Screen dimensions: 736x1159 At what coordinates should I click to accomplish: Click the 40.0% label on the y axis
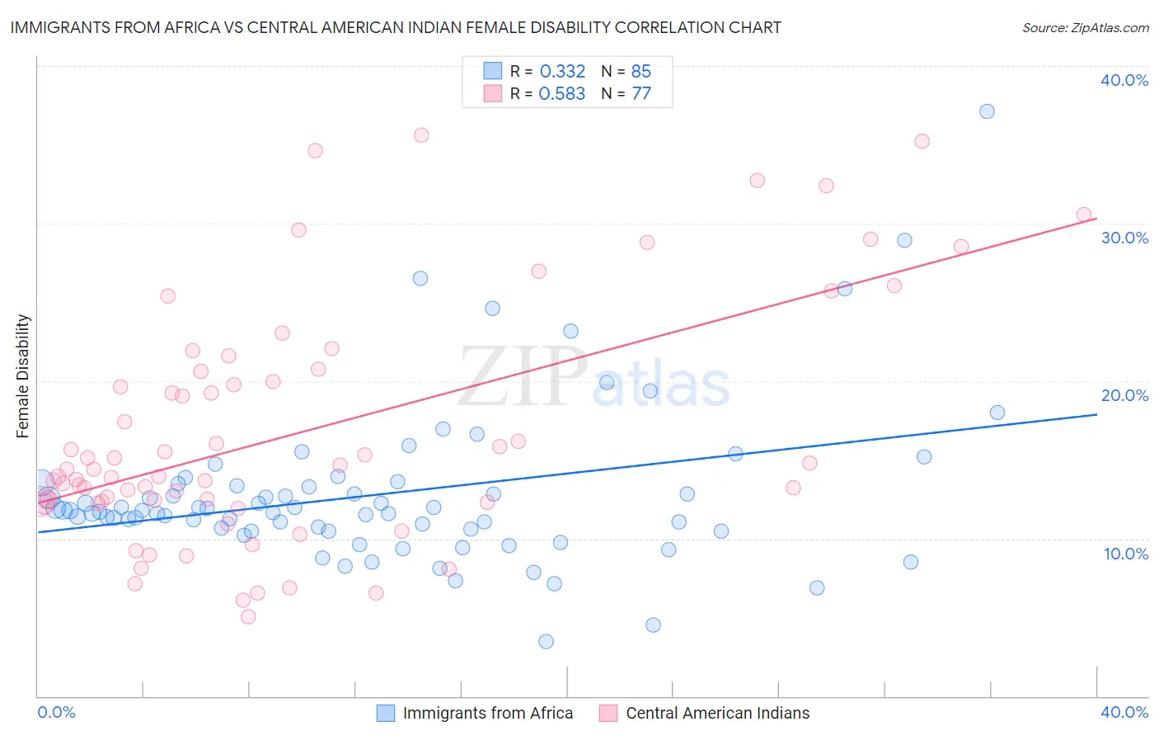1124,80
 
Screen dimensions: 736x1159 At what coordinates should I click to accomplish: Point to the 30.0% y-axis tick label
1124,238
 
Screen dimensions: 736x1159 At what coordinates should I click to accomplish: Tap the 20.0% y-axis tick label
1124,395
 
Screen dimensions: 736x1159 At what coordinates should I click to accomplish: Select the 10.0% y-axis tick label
1125,554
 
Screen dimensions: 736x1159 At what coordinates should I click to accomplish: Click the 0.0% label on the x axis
56,712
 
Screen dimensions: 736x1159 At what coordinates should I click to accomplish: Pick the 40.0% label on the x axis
1124,712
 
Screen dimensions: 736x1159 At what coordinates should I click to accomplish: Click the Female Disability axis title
23,375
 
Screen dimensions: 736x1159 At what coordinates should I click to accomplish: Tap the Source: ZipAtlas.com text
1085,27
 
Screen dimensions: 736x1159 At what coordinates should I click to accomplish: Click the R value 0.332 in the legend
562,72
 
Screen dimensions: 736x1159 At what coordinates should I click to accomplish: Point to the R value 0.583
562,94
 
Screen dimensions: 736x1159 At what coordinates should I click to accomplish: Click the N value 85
640,72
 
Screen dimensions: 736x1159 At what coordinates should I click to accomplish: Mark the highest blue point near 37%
987,111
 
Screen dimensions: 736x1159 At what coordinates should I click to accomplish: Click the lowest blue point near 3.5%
546,641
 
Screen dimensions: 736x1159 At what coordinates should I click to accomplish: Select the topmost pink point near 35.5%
421,135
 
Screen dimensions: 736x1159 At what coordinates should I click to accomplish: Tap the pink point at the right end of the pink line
1084,215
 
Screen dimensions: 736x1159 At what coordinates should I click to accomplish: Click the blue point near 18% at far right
997,413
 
